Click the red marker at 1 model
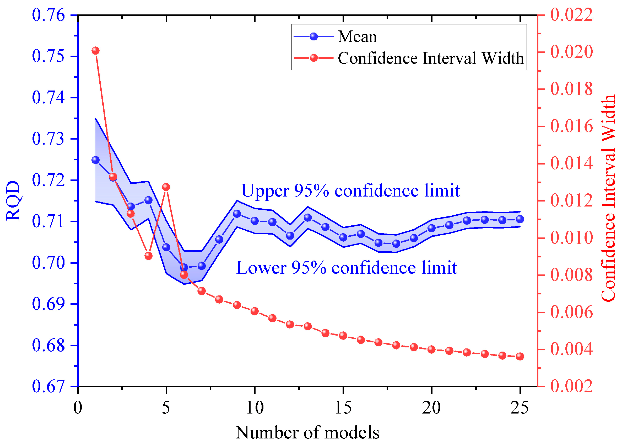95,51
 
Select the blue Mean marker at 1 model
95,160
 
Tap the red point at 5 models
166,187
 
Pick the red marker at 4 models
148,256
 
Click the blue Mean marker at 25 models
520,219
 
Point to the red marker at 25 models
520,357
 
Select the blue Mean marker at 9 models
237,214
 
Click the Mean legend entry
357,36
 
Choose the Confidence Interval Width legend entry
430,58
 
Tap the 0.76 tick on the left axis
48,15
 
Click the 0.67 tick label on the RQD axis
48,386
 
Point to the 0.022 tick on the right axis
572,14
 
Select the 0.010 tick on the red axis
572,237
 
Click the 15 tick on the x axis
343,407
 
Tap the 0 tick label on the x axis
78,407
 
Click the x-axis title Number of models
307,433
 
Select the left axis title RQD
13,200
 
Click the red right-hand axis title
608,198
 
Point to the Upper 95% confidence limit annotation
350,190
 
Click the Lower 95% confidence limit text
346,268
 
